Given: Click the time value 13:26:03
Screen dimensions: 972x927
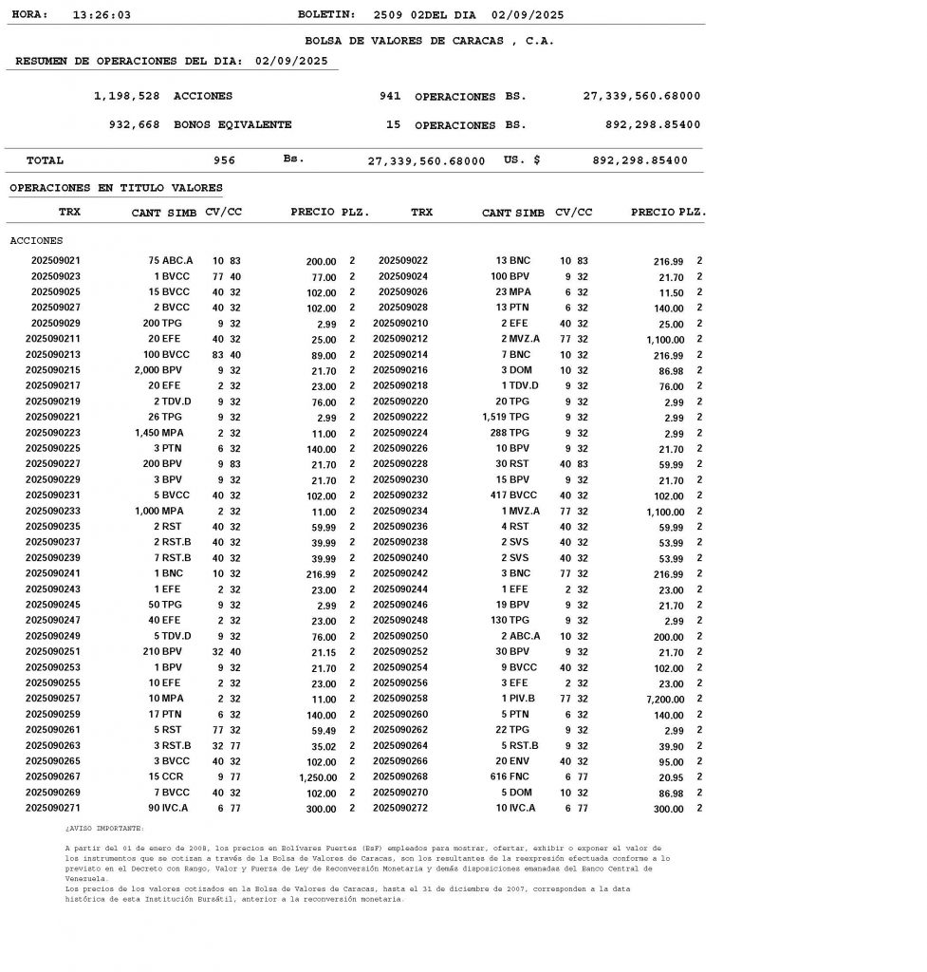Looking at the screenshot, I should point(102,15).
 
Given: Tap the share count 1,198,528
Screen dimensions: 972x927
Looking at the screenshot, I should point(127,96).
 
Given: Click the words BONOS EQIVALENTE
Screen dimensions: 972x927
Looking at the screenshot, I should point(232,124).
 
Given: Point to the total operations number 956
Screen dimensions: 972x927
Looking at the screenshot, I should point(224,160).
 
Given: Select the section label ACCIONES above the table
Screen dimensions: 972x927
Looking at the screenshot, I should point(36,240).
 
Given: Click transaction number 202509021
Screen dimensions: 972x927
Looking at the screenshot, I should point(56,260).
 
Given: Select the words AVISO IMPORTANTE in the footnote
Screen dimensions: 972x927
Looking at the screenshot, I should point(104,828).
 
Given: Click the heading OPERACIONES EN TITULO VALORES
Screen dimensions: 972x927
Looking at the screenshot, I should point(116,188).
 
